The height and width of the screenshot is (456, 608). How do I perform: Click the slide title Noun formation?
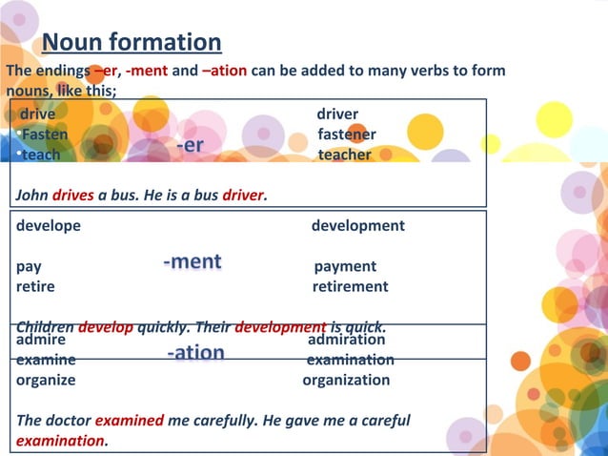[x=132, y=42]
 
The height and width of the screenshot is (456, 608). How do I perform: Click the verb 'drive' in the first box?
[x=37, y=114]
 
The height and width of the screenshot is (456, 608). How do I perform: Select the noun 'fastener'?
[x=346, y=135]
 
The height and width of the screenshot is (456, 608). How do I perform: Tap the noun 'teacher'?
[x=344, y=155]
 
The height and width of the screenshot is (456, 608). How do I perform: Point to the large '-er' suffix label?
[x=190, y=144]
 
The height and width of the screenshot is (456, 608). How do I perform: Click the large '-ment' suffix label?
[x=192, y=260]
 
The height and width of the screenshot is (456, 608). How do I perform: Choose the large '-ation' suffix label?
[x=195, y=352]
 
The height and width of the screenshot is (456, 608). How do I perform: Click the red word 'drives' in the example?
[x=73, y=195]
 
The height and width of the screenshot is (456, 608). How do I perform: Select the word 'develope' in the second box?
[x=49, y=226]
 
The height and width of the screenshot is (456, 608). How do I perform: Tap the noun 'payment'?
[x=345, y=266]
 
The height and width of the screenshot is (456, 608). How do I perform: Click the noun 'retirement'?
[x=350, y=286]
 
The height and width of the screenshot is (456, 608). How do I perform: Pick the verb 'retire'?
[x=35, y=286]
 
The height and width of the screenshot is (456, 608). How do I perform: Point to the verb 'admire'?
[x=41, y=339]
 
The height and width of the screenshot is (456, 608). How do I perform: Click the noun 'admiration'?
[x=347, y=339]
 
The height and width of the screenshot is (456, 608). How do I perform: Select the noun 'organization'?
[x=346, y=380]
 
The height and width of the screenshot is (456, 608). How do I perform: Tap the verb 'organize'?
[x=46, y=380]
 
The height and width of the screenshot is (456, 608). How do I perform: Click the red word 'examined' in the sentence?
[x=130, y=420]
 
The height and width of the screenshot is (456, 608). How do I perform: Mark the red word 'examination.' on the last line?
[x=62, y=440]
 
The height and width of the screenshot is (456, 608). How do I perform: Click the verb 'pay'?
[x=28, y=266]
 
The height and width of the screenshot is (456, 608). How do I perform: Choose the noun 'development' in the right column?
[x=357, y=226]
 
